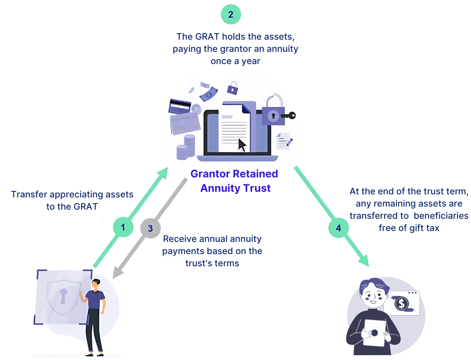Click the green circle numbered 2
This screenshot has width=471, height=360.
(x=231, y=14)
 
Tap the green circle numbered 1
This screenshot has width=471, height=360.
(x=123, y=227)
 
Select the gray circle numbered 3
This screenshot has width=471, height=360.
(x=150, y=228)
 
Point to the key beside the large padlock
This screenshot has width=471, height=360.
(x=289, y=115)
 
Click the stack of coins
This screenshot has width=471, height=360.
(x=185, y=147)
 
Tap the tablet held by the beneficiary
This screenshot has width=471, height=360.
(x=374, y=333)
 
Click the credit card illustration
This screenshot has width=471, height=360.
(x=180, y=107)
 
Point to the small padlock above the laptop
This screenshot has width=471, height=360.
(x=232, y=89)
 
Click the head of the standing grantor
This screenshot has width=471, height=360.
(x=96, y=284)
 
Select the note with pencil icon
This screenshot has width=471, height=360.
(x=284, y=141)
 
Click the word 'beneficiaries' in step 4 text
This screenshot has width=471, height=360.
(x=441, y=215)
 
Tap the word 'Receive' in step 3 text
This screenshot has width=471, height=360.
(x=180, y=239)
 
